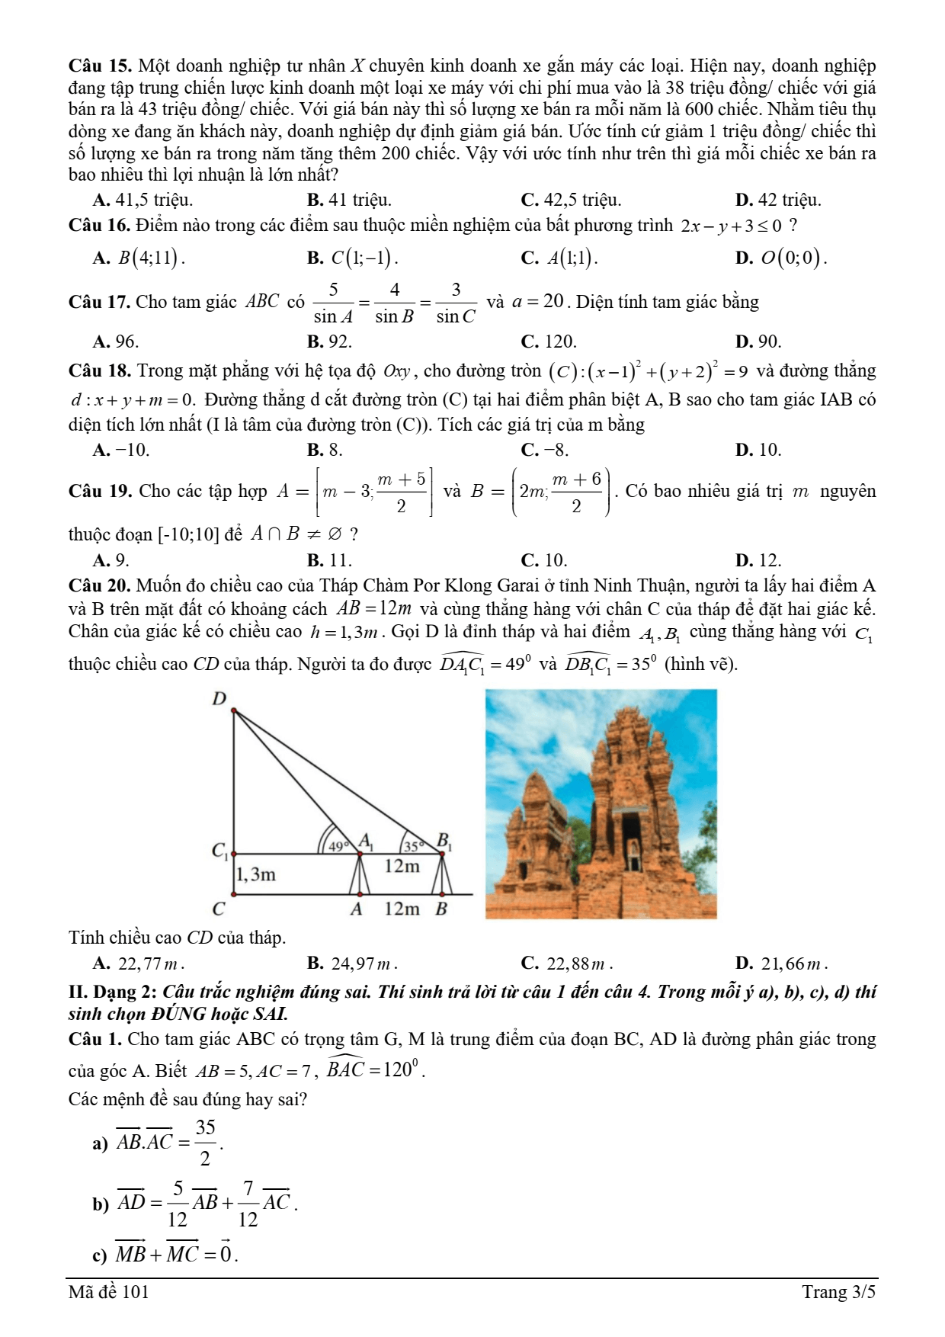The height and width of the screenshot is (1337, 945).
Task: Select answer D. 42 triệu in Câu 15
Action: tap(778, 200)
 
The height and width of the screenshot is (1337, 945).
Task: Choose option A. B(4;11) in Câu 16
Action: tap(139, 258)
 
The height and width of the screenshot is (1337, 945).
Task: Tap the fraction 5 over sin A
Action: tap(333, 303)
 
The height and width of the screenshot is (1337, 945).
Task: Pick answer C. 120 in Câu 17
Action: tap(549, 341)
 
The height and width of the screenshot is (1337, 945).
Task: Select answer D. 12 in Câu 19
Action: tap(758, 561)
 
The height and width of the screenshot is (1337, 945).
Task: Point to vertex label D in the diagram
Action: tap(219, 699)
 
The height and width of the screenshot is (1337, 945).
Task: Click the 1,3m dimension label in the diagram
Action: tap(256, 874)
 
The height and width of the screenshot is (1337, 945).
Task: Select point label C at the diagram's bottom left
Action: tap(219, 909)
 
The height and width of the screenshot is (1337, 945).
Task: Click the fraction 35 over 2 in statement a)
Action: tap(205, 1143)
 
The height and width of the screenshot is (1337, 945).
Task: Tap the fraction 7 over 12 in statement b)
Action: tap(248, 1204)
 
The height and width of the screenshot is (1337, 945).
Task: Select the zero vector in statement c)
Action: tap(225, 1254)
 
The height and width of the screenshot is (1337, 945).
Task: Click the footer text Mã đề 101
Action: tap(109, 1292)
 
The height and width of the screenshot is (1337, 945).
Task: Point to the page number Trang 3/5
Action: tap(838, 1292)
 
